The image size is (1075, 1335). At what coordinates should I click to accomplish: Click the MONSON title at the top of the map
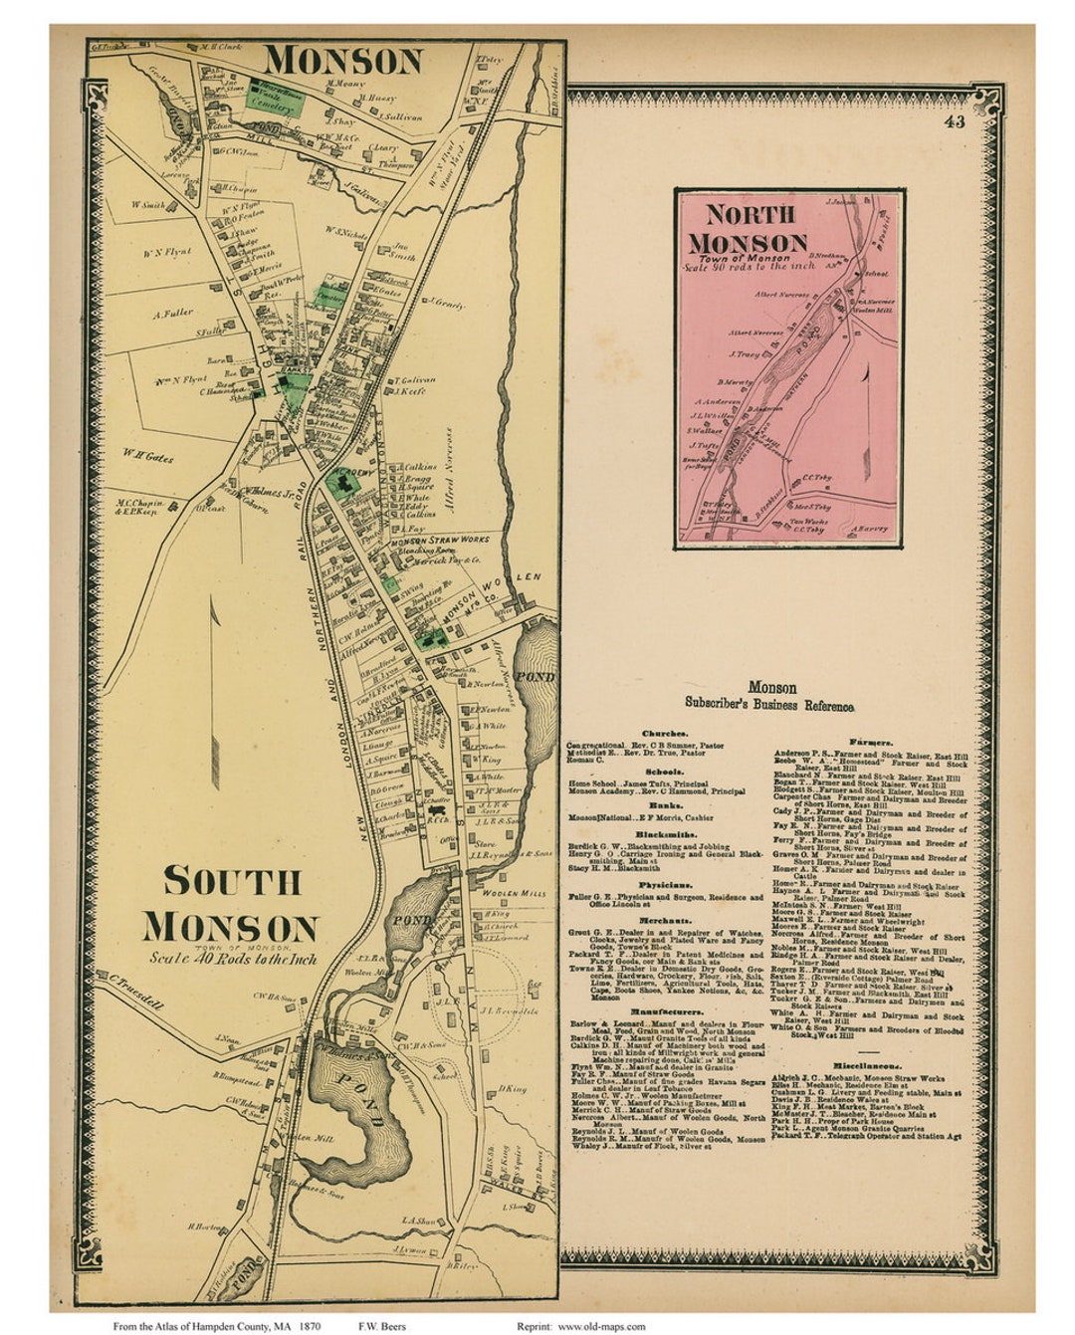pos(343,62)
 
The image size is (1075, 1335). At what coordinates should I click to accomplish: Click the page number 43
pos(955,122)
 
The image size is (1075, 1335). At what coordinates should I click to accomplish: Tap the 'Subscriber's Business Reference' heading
pos(769,705)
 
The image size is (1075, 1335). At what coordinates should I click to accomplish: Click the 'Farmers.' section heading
pos(870,742)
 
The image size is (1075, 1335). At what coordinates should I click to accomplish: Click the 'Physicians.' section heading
pos(665,884)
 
